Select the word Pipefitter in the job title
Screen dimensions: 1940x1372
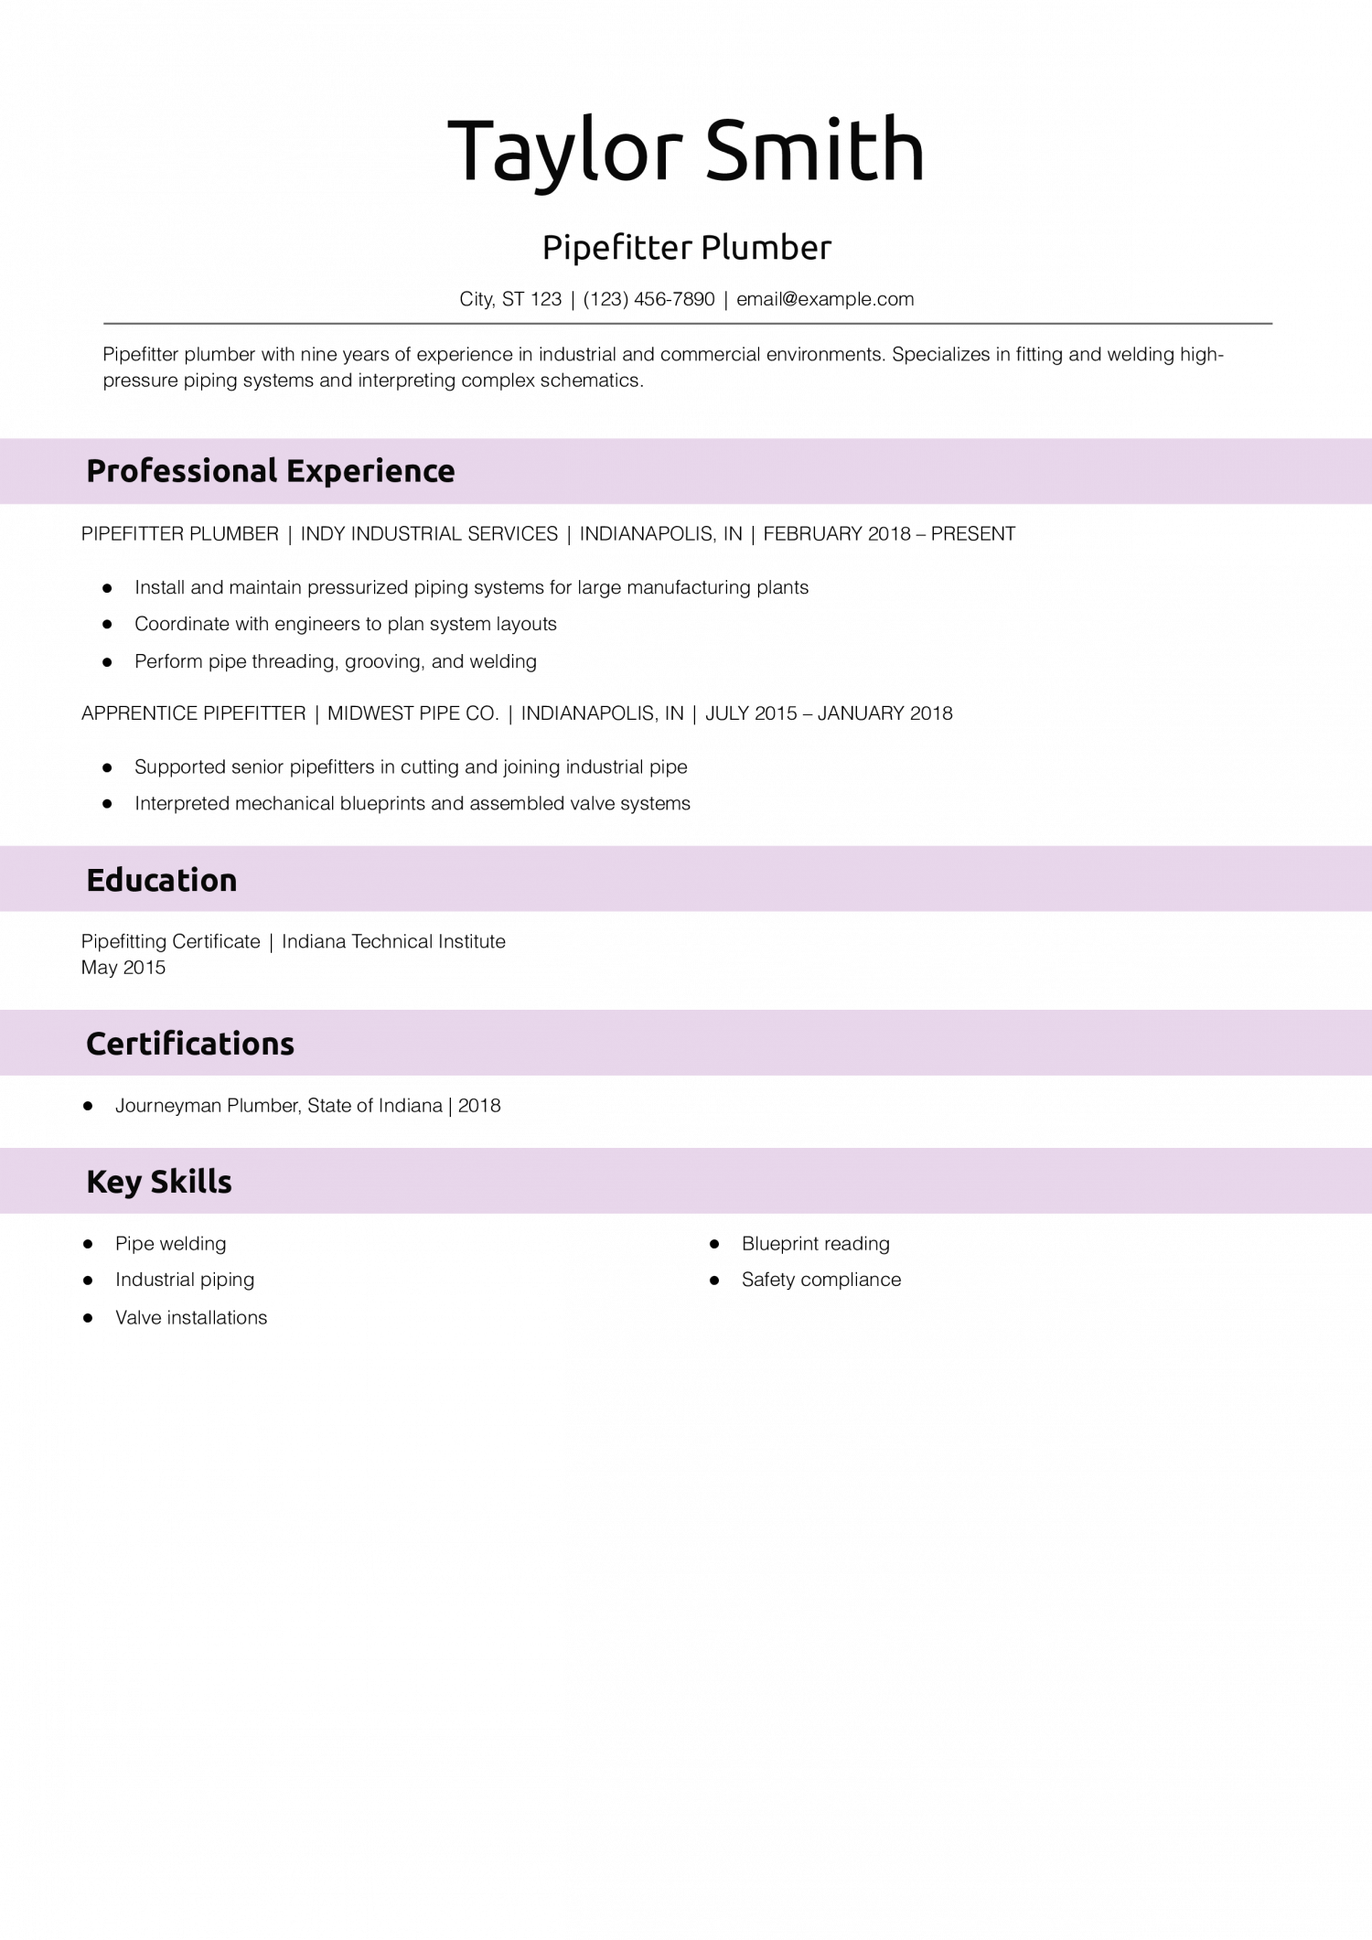[x=616, y=248]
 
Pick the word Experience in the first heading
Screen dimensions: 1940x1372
[x=370, y=471]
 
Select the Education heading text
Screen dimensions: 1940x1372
[x=161, y=880]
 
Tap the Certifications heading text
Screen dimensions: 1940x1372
[x=190, y=1044]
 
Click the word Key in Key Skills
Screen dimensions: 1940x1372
[x=113, y=1182]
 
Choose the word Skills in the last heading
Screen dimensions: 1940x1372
[x=191, y=1182]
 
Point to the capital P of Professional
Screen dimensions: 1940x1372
[x=95, y=471]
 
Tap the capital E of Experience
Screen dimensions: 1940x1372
[x=295, y=471]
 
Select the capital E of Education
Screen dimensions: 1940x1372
[x=94, y=880]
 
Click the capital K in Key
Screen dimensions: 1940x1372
[x=95, y=1182]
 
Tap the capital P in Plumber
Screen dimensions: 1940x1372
[x=710, y=248]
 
